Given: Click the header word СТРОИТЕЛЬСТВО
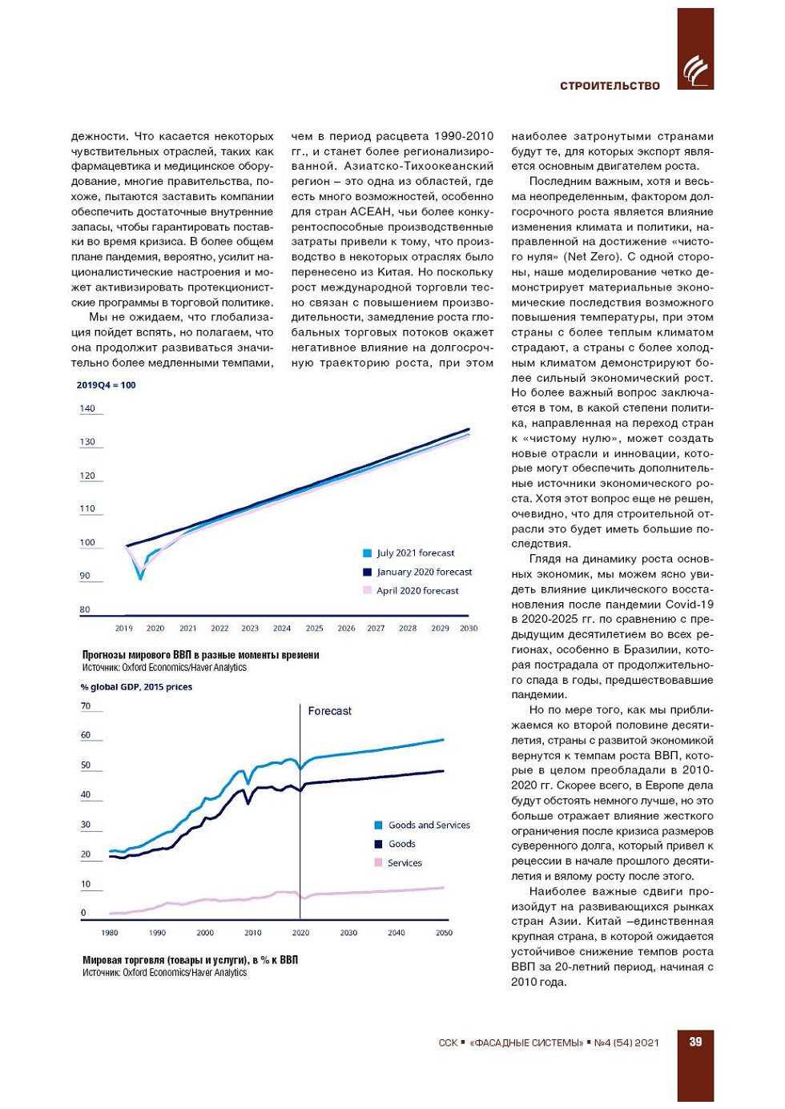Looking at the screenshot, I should coord(610,86).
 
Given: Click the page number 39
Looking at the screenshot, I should coord(695,1042).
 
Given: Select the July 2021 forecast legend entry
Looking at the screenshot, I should coord(415,553).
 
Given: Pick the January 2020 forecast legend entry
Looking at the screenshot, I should coord(424,573).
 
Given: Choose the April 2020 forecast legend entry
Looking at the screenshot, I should coord(417,591).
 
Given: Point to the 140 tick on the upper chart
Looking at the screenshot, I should coord(87,408).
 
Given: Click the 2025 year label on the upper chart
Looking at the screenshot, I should coord(315,629).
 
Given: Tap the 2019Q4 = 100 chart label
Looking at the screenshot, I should coord(106,385).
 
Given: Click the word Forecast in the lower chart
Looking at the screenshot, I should coord(330,711).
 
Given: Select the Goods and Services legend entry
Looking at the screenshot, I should coord(429,826).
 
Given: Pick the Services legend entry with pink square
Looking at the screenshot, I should coord(404,863).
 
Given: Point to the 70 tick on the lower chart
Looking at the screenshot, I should coord(86,706).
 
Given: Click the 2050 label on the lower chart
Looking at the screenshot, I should coord(444,933).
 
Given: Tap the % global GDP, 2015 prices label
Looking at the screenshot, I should coord(136,687).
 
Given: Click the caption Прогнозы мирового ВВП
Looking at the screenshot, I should coord(200,655).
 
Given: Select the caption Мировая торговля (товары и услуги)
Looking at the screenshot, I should coord(190,960).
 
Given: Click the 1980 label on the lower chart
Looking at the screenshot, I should coord(110,933).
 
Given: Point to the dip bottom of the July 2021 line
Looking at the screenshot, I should coord(141,577).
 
